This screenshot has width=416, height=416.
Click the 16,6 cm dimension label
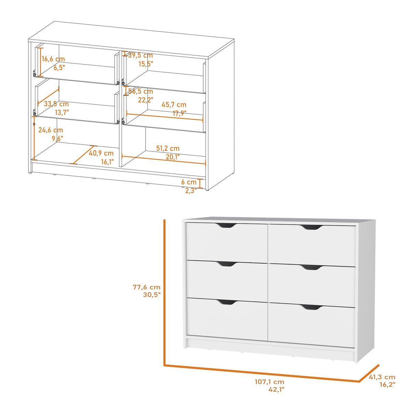tap(53, 59)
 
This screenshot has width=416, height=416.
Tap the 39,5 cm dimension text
tap(140, 56)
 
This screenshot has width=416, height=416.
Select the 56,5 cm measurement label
tap(140, 91)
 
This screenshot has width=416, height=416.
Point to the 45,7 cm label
tap(174, 105)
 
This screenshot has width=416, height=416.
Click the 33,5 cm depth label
tap(56, 104)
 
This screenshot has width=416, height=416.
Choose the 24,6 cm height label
tap(51, 130)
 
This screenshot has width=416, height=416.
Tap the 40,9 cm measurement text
tap(101, 154)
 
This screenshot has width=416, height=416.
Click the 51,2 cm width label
tap(168, 148)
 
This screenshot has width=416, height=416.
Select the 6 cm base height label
tap(189, 182)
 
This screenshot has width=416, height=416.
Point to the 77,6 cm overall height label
tap(147, 287)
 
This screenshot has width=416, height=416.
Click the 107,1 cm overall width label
tap(269, 382)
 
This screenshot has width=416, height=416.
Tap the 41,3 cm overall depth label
tap(382, 377)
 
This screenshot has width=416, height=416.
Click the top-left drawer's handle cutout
tap(227, 225)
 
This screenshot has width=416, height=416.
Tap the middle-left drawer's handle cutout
tap(227, 264)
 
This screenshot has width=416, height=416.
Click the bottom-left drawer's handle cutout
tap(227, 302)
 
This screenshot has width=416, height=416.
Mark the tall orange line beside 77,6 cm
tap(164, 291)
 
